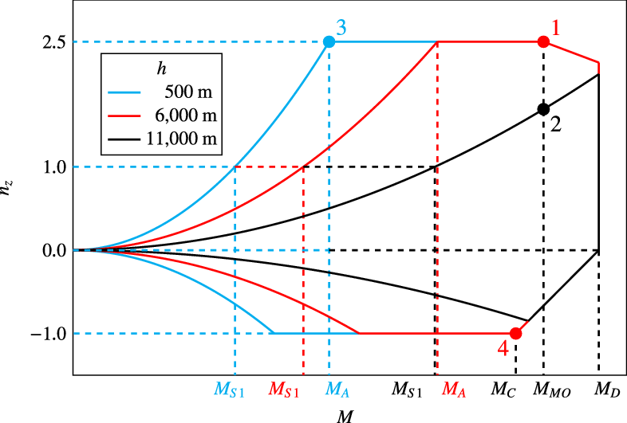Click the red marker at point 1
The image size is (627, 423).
point(543,41)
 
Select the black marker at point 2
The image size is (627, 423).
point(543,109)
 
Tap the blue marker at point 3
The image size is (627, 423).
point(329,41)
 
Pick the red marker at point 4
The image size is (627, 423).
point(515,333)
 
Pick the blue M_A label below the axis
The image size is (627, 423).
point(338,390)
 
